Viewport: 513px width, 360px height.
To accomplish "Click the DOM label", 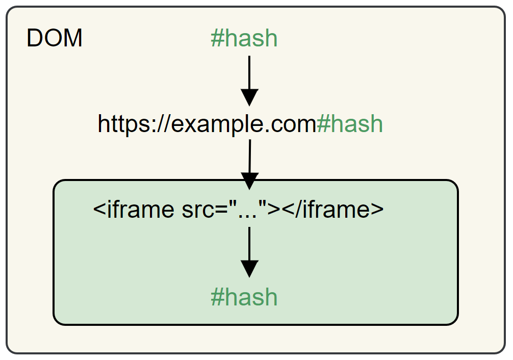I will (x=54, y=39).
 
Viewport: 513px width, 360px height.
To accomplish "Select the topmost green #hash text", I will (x=244, y=39).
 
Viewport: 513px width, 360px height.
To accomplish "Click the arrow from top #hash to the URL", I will (x=249, y=76).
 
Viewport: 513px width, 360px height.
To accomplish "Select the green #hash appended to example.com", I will (x=349, y=124).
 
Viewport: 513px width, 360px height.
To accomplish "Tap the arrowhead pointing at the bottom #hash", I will (x=249, y=269).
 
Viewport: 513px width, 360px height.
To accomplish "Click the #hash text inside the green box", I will (x=244, y=297).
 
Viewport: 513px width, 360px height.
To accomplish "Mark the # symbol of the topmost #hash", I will (x=217, y=39).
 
